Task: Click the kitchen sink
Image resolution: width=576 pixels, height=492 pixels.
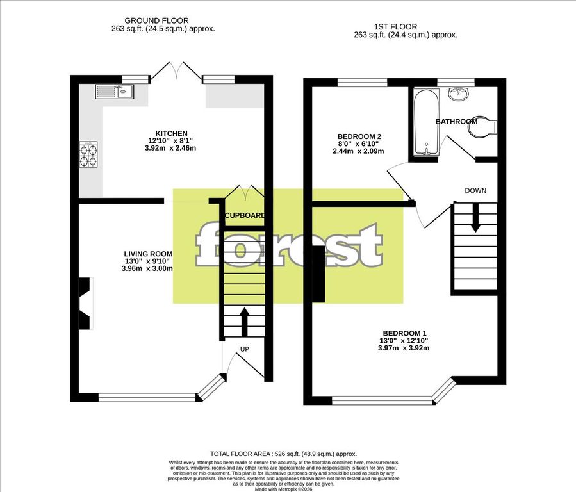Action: [x=115, y=92]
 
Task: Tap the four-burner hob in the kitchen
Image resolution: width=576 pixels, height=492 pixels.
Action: [x=88, y=154]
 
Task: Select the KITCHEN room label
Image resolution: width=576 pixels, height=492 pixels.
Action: [x=172, y=133]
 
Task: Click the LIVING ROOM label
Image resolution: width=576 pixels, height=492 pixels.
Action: [x=148, y=254]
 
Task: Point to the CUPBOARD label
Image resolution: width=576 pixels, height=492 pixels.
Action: [x=245, y=215]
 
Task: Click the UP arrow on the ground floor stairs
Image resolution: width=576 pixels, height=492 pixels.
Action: [x=244, y=322]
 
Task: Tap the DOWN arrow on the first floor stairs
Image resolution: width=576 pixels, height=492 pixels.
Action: [x=475, y=218]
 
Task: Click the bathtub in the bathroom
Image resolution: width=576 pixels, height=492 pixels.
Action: [x=426, y=122]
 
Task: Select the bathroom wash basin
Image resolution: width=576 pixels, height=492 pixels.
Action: [x=458, y=93]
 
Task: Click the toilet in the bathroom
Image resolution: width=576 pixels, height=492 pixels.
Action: [x=482, y=127]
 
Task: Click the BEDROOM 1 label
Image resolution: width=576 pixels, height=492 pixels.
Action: [x=404, y=333]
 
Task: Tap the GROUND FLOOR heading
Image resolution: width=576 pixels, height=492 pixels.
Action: [x=157, y=21]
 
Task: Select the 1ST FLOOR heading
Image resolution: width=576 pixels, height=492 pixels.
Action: [x=395, y=27]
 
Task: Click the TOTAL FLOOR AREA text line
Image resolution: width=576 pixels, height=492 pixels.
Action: [x=284, y=454]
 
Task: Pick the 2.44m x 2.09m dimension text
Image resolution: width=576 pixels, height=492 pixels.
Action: [x=358, y=151]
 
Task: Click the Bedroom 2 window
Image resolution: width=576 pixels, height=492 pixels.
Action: [x=362, y=83]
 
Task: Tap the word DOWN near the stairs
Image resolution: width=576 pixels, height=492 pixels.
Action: [x=475, y=190]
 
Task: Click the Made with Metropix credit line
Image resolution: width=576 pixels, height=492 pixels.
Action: [x=284, y=489]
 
